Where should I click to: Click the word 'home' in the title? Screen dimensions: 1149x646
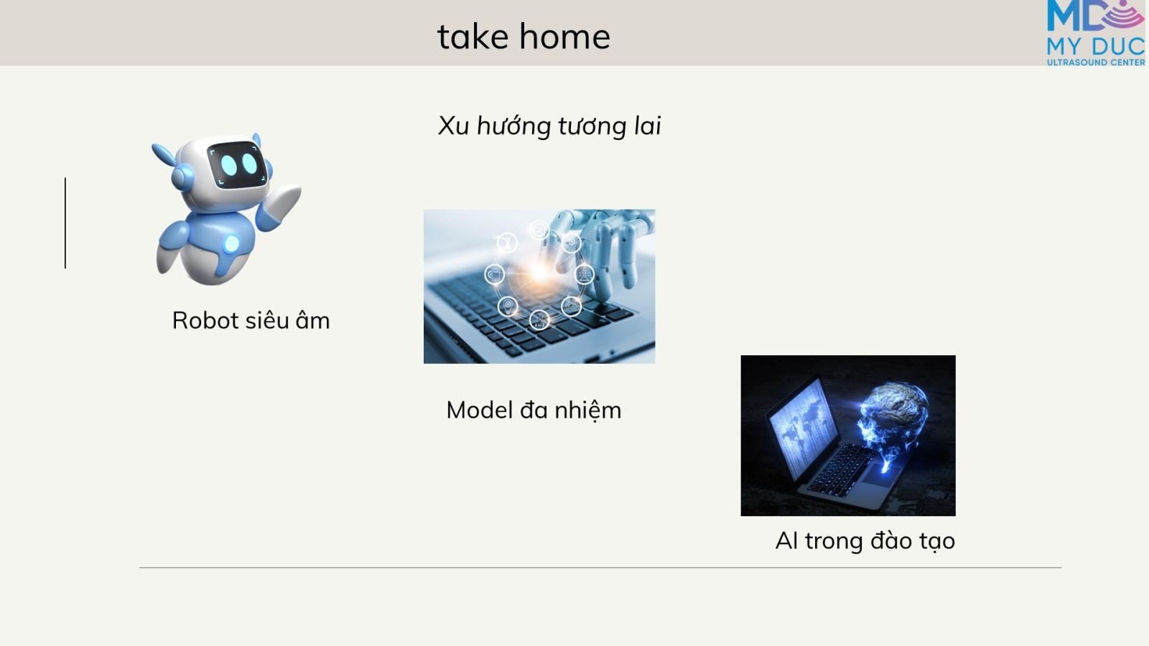(564, 37)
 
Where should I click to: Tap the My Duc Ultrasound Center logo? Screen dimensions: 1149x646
(1096, 33)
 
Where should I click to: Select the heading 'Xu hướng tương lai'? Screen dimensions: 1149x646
(549, 126)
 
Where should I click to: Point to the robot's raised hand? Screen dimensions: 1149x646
(280, 204)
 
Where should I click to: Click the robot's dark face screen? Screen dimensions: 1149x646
(237, 165)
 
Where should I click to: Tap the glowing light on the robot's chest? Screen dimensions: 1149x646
(231, 243)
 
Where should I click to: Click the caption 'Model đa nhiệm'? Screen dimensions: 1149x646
(534, 411)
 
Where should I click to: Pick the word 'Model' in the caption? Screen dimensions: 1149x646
(479, 410)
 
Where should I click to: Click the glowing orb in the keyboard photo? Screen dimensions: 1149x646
(539, 271)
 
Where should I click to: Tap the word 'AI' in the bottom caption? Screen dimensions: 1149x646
(786, 541)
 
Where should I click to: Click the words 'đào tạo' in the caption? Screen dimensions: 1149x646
(913, 541)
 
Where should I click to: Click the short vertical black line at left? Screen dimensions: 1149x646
(65, 223)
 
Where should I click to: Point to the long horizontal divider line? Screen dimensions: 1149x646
(600, 568)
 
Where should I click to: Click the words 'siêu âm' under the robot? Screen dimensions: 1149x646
(287, 320)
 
